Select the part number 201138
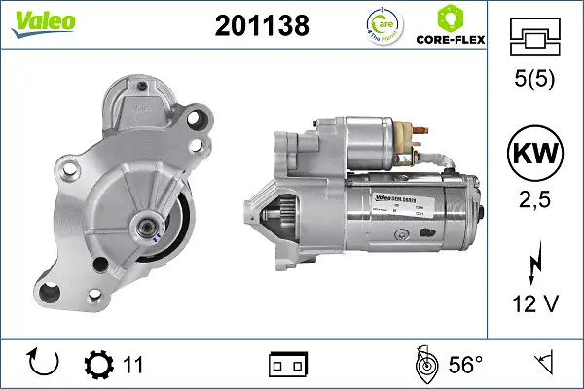[x=260, y=27]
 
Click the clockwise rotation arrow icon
[x=45, y=364]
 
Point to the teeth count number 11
[x=133, y=365]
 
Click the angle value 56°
[x=465, y=365]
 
